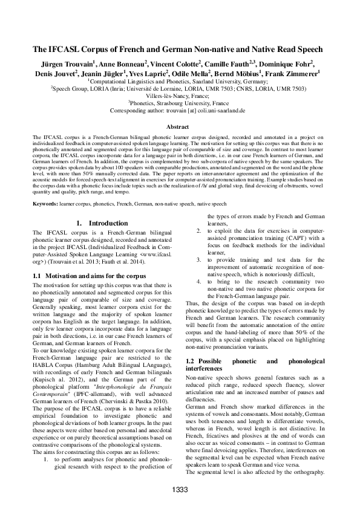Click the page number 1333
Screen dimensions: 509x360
point(180,489)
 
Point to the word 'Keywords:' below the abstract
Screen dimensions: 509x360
point(45,205)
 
